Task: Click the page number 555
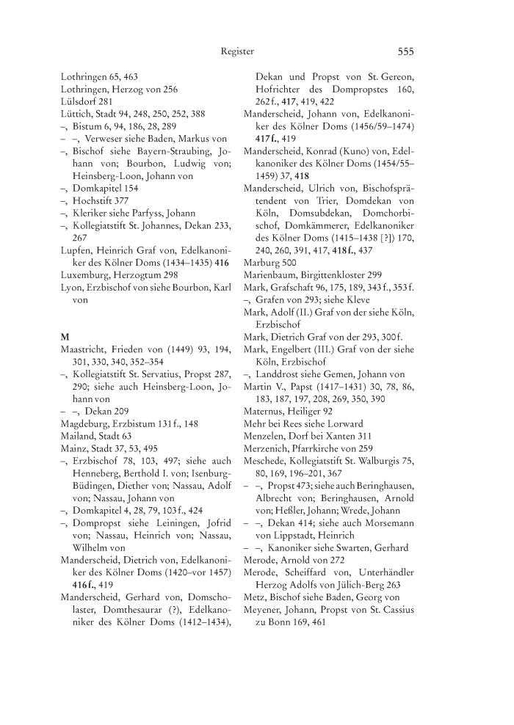click(406, 52)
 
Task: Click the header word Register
click(237, 52)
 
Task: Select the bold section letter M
click(65, 336)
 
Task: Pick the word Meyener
click(265, 591)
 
